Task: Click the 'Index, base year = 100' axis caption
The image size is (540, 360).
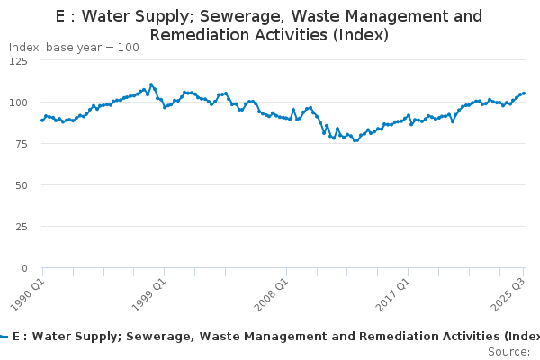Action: pos(74,48)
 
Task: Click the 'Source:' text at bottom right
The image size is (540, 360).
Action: pos(508,351)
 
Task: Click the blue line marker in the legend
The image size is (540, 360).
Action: pos(4,337)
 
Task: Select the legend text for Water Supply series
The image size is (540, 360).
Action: pos(270,337)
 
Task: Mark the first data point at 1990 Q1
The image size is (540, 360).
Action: pos(42,120)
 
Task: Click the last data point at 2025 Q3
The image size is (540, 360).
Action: pos(524,94)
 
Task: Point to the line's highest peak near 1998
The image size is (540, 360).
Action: pos(150,85)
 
